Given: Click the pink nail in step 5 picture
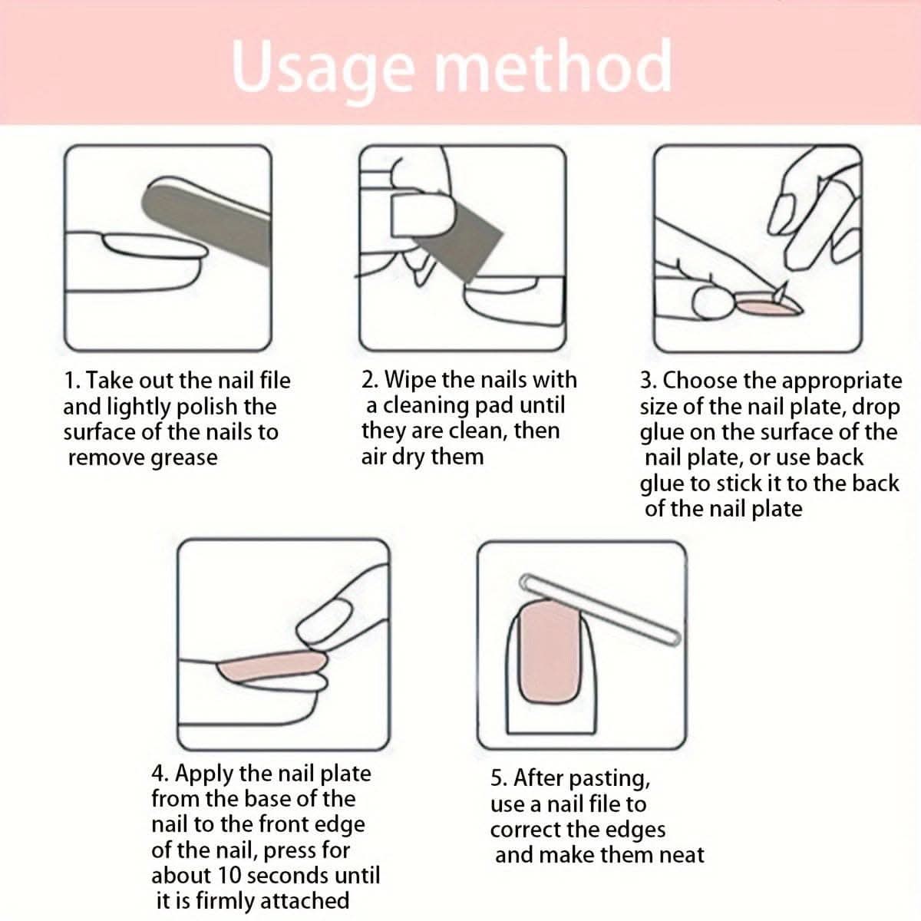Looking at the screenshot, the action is pos(550,653).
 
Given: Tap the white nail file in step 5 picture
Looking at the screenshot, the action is pos(600,610).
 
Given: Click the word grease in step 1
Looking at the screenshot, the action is pos(184,459).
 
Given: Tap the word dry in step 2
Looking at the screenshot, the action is pos(408,457).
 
